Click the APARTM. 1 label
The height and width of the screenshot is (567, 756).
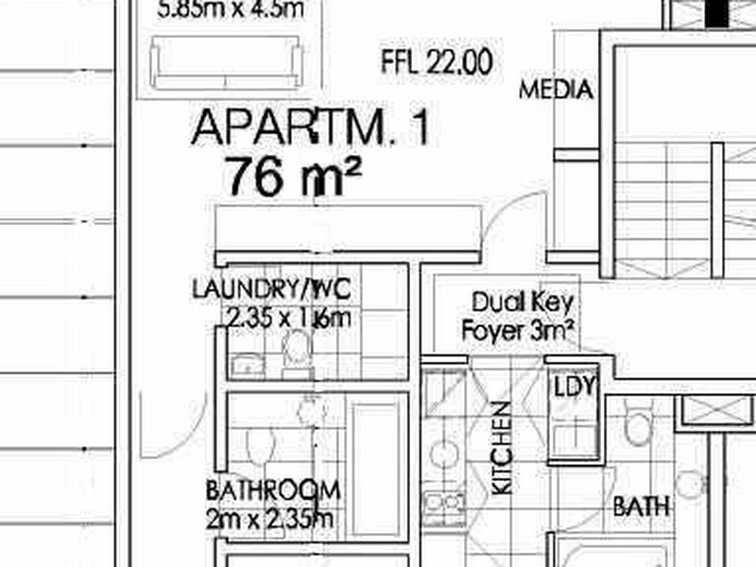pos(310,128)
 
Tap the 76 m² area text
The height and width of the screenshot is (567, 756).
pos(293,177)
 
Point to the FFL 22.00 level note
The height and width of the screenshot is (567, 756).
pos(437,63)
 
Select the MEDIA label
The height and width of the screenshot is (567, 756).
pos(557,91)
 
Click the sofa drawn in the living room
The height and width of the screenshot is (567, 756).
pos(228,63)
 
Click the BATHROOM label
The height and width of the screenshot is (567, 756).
pos(272,490)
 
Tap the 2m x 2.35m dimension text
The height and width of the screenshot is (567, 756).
pos(270,518)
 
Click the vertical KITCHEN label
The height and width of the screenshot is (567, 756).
pos(502,448)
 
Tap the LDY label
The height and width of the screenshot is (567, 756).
pos(574,387)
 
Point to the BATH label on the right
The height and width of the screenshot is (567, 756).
pos(641,507)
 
